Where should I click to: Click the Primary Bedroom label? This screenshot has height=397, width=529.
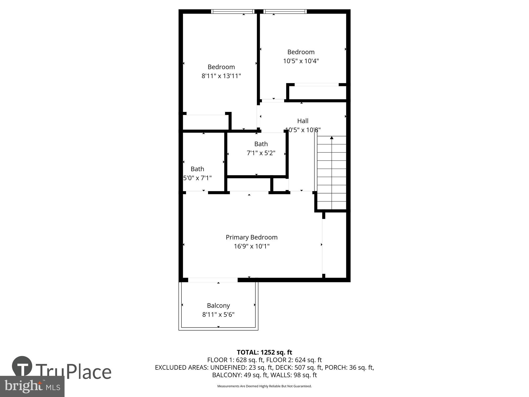[x=252, y=237]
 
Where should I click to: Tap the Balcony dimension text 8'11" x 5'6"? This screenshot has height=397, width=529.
[x=218, y=314]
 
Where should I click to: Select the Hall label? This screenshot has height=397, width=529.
[x=303, y=121]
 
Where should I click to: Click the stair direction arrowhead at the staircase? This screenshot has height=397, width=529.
[x=331, y=138]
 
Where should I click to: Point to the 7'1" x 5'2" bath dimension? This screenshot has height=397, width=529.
[x=261, y=153]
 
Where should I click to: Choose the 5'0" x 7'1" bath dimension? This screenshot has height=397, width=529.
[x=198, y=178]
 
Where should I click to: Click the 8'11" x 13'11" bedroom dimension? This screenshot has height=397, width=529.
[x=221, y=76]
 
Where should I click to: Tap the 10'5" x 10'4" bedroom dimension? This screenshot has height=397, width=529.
[x=301, y=61]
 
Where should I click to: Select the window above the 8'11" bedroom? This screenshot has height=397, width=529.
[x=233, y=11]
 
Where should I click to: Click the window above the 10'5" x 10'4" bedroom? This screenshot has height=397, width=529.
[x=285, y=11]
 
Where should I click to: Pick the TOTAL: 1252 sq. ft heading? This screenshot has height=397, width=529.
[x=264, y=352]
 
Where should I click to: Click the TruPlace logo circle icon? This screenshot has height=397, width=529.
[x=22, y=367]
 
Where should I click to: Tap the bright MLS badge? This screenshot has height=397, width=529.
[x=32, y=386]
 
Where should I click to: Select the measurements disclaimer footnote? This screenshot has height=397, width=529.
[x=264, y=386]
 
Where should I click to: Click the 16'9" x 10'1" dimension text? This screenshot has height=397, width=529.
[x=252, y=246]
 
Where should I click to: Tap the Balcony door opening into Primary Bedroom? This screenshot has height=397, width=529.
[x=213, y=280]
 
